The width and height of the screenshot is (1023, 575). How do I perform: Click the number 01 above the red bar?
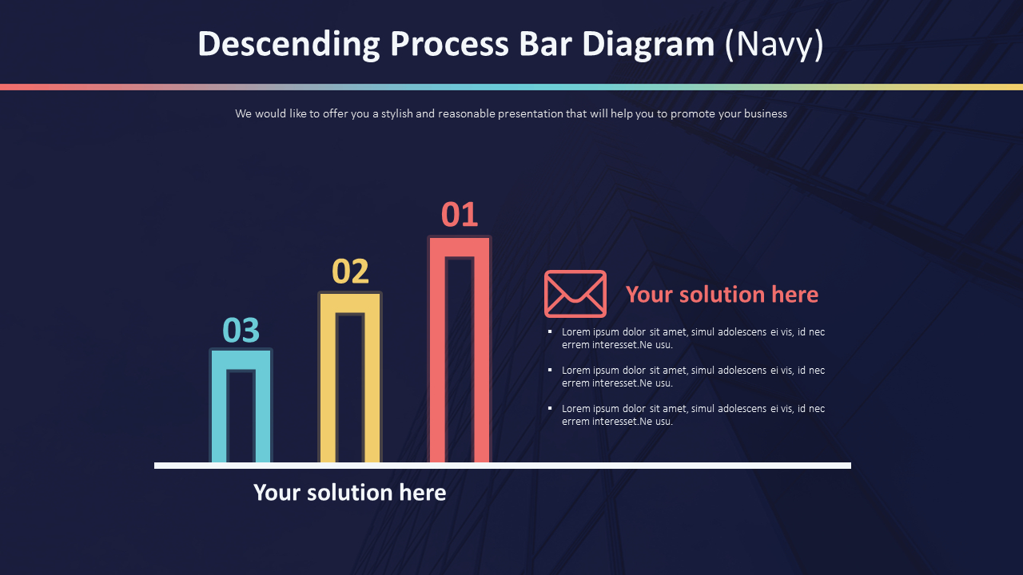pos(460,215)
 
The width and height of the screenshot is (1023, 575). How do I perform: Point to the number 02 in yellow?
pos(350,272)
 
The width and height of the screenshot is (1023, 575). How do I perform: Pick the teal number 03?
pos(241,330)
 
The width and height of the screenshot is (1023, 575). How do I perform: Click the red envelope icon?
pos(575,294)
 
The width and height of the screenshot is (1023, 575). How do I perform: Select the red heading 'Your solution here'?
pos(722,294)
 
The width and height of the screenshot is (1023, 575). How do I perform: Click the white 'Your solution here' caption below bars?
pos(349,492)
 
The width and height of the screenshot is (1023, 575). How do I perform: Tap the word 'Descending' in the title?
pos(289,45)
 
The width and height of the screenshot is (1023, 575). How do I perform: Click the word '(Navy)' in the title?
pos(774,45)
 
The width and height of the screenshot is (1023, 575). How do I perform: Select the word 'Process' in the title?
pos(448,45)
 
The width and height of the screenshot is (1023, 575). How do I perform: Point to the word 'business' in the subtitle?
pos(765,113)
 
